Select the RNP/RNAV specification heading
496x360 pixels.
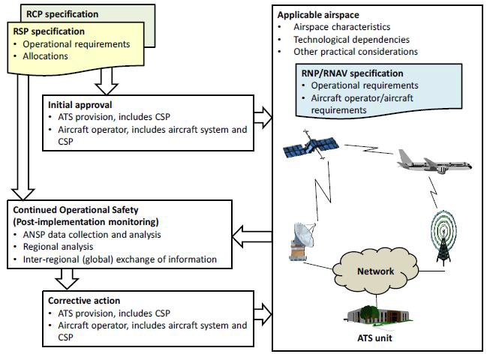[x=352, y=73]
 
